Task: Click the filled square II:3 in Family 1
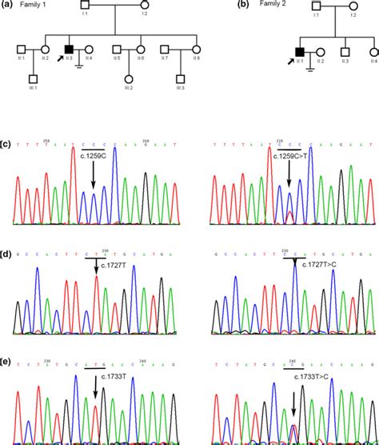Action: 70,48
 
